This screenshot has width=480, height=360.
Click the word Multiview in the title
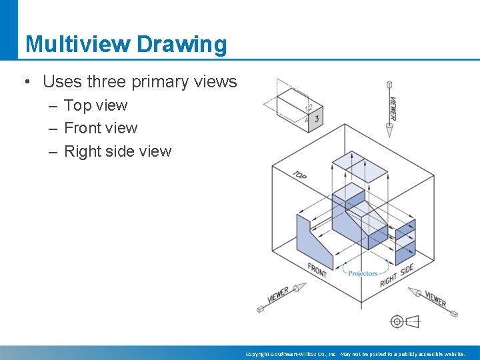click(x=77, y=45)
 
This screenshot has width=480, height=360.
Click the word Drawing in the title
click(x=181, y=45)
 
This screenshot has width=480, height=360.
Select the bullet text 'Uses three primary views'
click(x=139, y=82)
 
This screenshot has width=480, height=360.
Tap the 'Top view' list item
click(x=95, y=105)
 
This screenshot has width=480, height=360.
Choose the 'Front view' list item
click(x=101, y=128)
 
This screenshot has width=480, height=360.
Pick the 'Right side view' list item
click(x=117, y=151)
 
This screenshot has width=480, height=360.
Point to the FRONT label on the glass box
click(x=317, y=271)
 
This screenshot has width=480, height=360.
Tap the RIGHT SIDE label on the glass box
click(x=397, y=275)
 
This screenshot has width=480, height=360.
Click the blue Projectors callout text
click(x=363, y=273)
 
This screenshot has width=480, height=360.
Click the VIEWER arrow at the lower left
click(x=281, y=295)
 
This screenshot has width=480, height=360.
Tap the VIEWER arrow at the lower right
click(x=433, y=301)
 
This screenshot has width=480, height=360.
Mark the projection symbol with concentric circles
click(x=397, y=321)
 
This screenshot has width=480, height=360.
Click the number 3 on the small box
click(x=317, y=119)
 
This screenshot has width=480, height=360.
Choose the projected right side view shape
click(x=405, y=241)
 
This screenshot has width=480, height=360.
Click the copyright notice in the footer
click(x=355, y=354)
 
